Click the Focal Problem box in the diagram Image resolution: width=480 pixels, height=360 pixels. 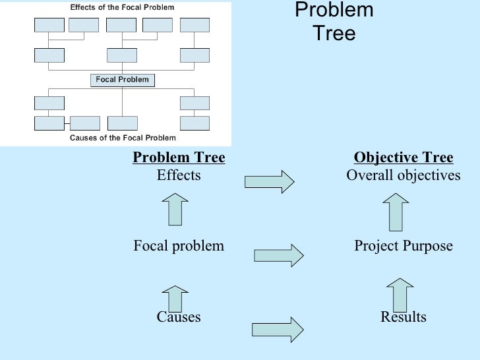tap(123, 80)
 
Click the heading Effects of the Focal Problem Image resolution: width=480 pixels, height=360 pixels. tap(123, 7)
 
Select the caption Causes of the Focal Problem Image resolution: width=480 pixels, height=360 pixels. tap(123, 138)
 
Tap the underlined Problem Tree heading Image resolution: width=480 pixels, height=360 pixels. tap(179, 158)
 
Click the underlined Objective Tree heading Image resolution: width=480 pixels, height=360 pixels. tap(404, 158)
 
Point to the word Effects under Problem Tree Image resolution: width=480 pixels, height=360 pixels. tap(179, 175)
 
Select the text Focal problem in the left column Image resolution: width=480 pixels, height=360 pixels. tap(179, 246)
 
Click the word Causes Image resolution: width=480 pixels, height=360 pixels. tap(179, 317)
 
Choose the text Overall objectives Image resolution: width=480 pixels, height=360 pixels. tap(404, 175)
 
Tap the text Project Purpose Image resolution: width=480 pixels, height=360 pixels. tap(404, 246)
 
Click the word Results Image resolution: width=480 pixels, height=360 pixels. tap(404, 317)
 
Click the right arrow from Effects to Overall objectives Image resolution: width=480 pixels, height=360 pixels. tap(269, 181)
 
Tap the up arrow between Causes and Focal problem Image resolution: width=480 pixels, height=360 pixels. tap(175, 297)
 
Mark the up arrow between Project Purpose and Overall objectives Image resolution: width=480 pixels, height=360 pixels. tap(396, 211)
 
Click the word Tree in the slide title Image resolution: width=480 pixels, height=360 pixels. tap(334, 33)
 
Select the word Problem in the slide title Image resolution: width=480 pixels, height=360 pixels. tap(334, 11)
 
